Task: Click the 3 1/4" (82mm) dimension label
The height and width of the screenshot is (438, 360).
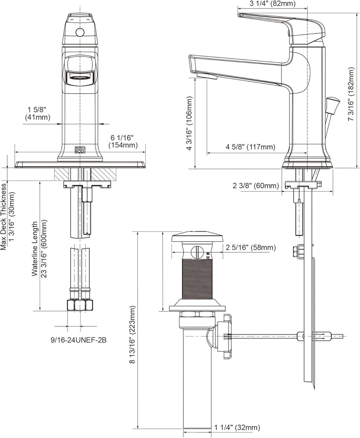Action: pos(272,4)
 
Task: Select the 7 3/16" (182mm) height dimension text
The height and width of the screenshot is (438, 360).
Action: pos(351,94)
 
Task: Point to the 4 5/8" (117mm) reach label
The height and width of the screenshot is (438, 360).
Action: pos(250,147)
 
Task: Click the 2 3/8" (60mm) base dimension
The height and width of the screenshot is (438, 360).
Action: pos(256,186)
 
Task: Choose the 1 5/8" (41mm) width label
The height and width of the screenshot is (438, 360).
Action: pos(37,113)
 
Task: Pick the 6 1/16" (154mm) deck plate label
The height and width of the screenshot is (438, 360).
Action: pos(122,141)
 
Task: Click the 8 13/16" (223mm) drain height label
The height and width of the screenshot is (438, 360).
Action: pos(133,334)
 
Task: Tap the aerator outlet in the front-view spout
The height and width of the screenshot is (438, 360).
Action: pos(79,78)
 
